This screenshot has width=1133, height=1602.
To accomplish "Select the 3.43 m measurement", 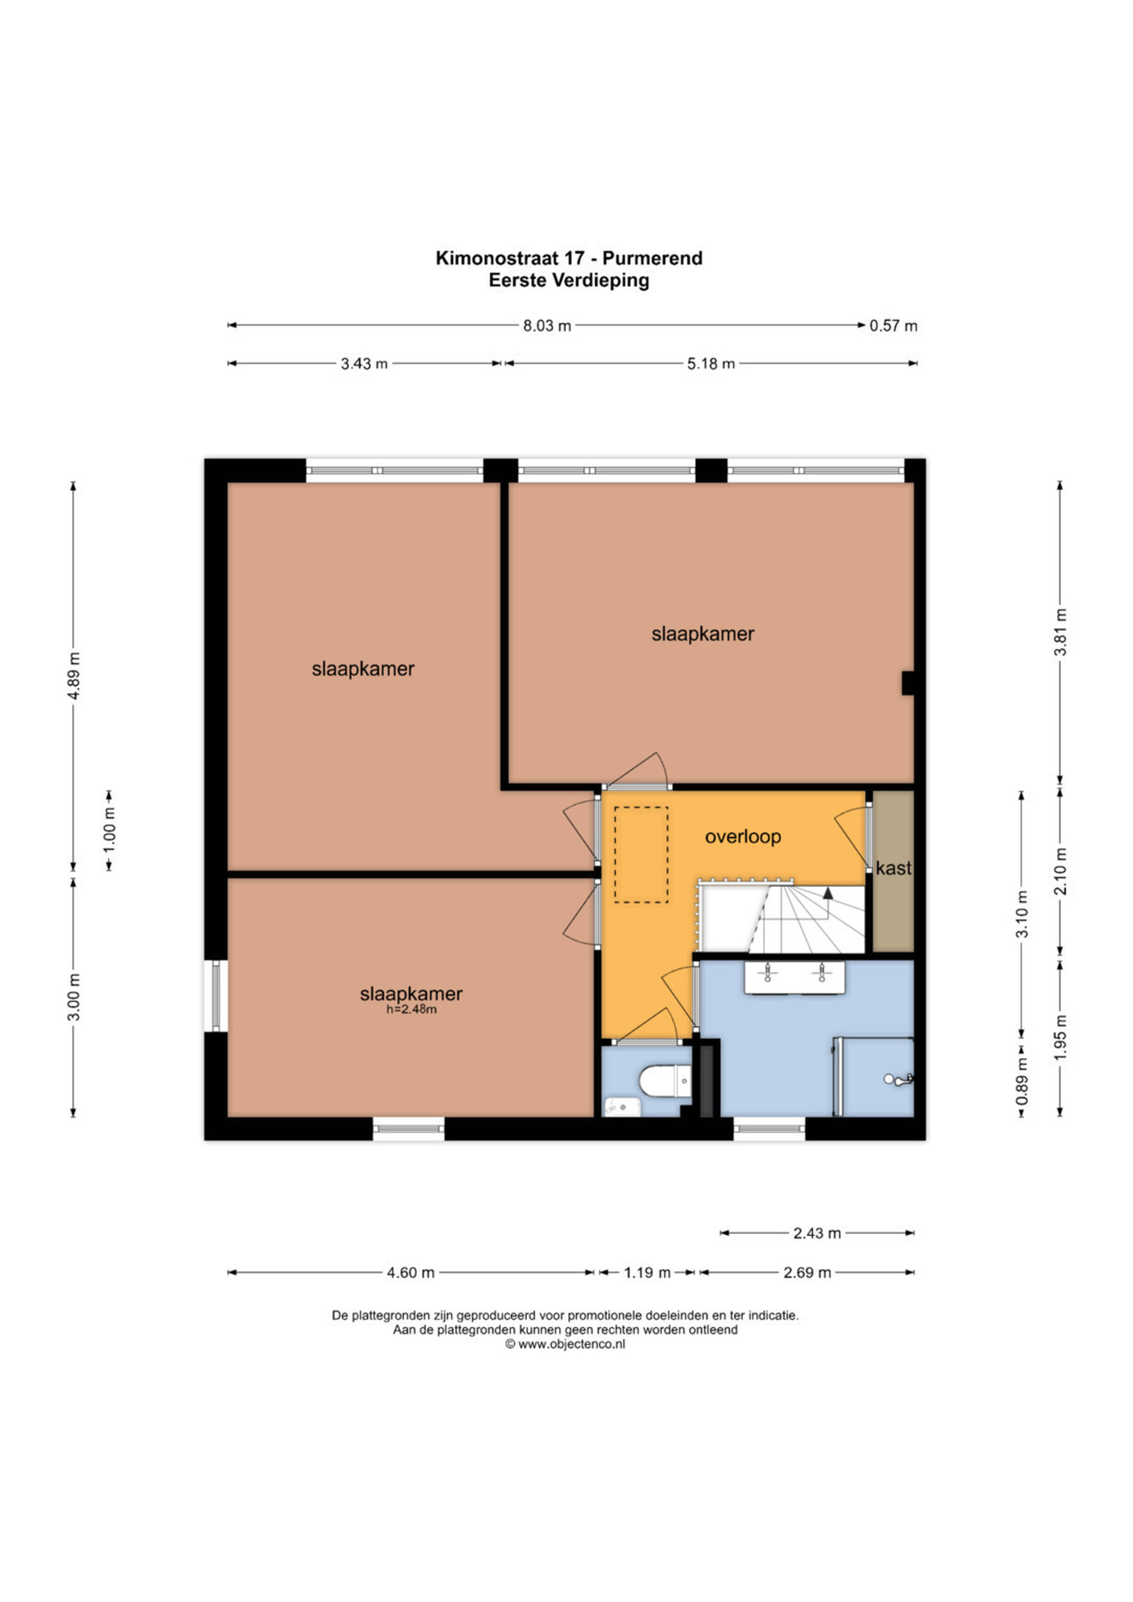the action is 364,364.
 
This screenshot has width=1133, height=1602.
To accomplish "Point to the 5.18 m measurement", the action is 711,364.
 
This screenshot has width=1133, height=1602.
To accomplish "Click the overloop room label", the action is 743,837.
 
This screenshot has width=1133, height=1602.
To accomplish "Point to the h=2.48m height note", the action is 412,1009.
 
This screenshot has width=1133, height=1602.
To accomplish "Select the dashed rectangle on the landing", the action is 641,855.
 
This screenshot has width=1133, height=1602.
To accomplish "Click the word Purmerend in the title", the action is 652,258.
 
